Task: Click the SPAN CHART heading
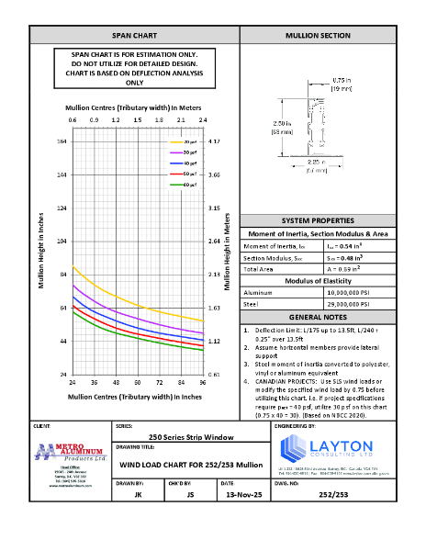pos(134,35)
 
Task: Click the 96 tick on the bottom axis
pos(203,381)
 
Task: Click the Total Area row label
pos(259,268)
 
